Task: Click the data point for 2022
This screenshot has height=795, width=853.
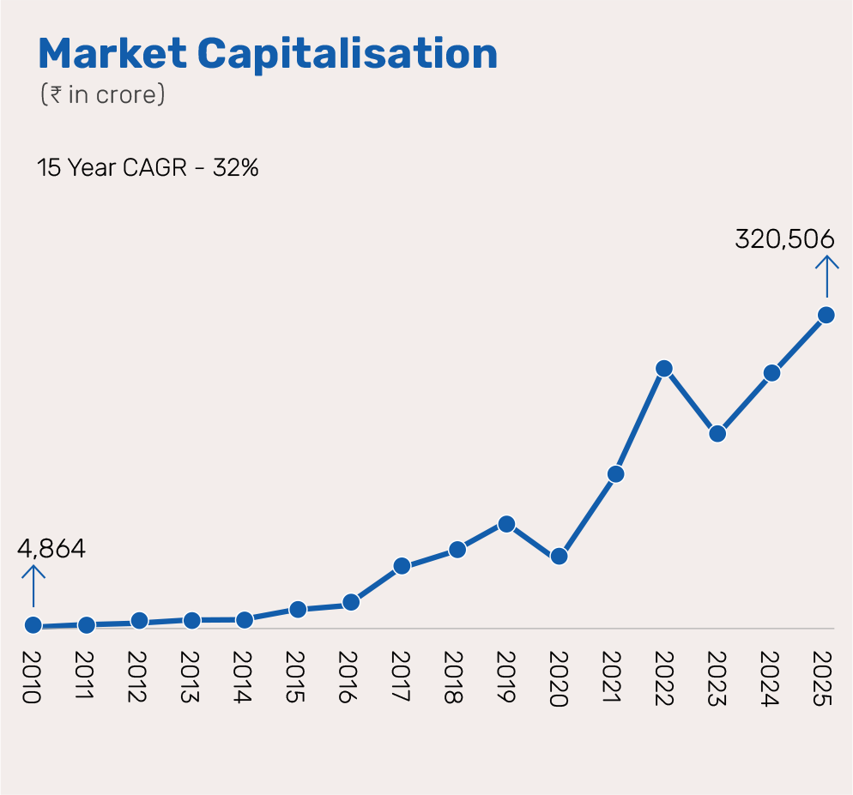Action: [x=664, y=369]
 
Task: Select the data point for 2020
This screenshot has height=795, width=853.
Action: [x=559, y=556]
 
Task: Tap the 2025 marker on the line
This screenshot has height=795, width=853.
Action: [x=826, y=315]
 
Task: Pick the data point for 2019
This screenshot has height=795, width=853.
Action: [x=506, y=524]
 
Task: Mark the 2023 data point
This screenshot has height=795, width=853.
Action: [x=718, y=433]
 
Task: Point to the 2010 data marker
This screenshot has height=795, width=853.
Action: [x=33, y=625]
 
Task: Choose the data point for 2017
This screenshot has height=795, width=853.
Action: [x=401, y=566]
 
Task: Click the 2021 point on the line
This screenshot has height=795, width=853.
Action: [x=614, y=473]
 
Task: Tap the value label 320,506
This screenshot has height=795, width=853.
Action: [x=784, y=239]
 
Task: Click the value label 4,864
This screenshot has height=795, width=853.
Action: [x=51, y=549]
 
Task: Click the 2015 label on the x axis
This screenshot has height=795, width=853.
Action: [x=296, y=678]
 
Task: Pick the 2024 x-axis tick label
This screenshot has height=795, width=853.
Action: [x=770, y=678]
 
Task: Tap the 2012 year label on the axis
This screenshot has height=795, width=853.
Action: [x=137, y=678]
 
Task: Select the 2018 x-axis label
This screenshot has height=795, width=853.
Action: [x=454, y=678]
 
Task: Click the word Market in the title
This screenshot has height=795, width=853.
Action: [x=112, y=54]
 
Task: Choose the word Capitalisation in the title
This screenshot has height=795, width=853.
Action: [x=348, y=54]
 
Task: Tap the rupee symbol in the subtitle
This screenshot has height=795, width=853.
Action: [x=55, y=94]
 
